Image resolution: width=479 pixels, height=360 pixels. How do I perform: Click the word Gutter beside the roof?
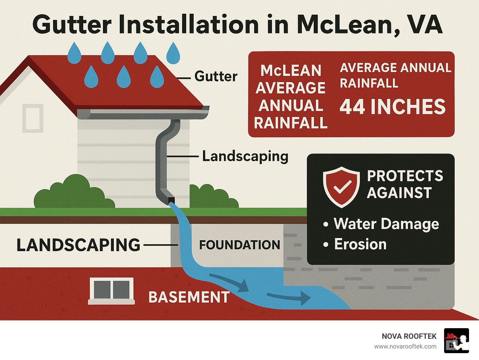pyautogui.click(x=215, y=76)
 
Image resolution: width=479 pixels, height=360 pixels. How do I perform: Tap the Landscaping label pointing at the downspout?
pyautogui.click(x=245, y=157)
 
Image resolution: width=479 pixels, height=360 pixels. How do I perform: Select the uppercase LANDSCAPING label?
pyautogui.click(x=78, y=245)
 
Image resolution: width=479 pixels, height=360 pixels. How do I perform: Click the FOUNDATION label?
pyautogui.click(x=239, y=245)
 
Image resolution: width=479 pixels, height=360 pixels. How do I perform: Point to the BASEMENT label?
pyautogui.click(x=189, y=297)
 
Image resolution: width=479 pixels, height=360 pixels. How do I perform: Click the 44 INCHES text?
pyautogui.click(x=392, y=107)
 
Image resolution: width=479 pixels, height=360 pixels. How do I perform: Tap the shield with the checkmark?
pyautogui.click(x=341, y=187)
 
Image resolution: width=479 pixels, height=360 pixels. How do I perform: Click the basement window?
pyautogui.click(x=112, y=291)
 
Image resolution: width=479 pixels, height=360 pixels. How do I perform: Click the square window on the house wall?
pyautogui.click(x=33, y=118)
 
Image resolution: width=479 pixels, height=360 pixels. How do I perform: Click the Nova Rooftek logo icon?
pyautogui.click(x=457, y=341)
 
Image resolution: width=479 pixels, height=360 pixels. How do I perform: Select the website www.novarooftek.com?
pyautogui.click(x=405, y=347)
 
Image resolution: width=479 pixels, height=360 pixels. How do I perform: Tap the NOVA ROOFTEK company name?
pyautogui.click(x=409, y=336)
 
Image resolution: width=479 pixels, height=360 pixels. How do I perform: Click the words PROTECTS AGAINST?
pyautogui.click(x=405, y=184)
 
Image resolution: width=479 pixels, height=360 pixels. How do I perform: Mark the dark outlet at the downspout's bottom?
pyautogui.click(x=171, y=200)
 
